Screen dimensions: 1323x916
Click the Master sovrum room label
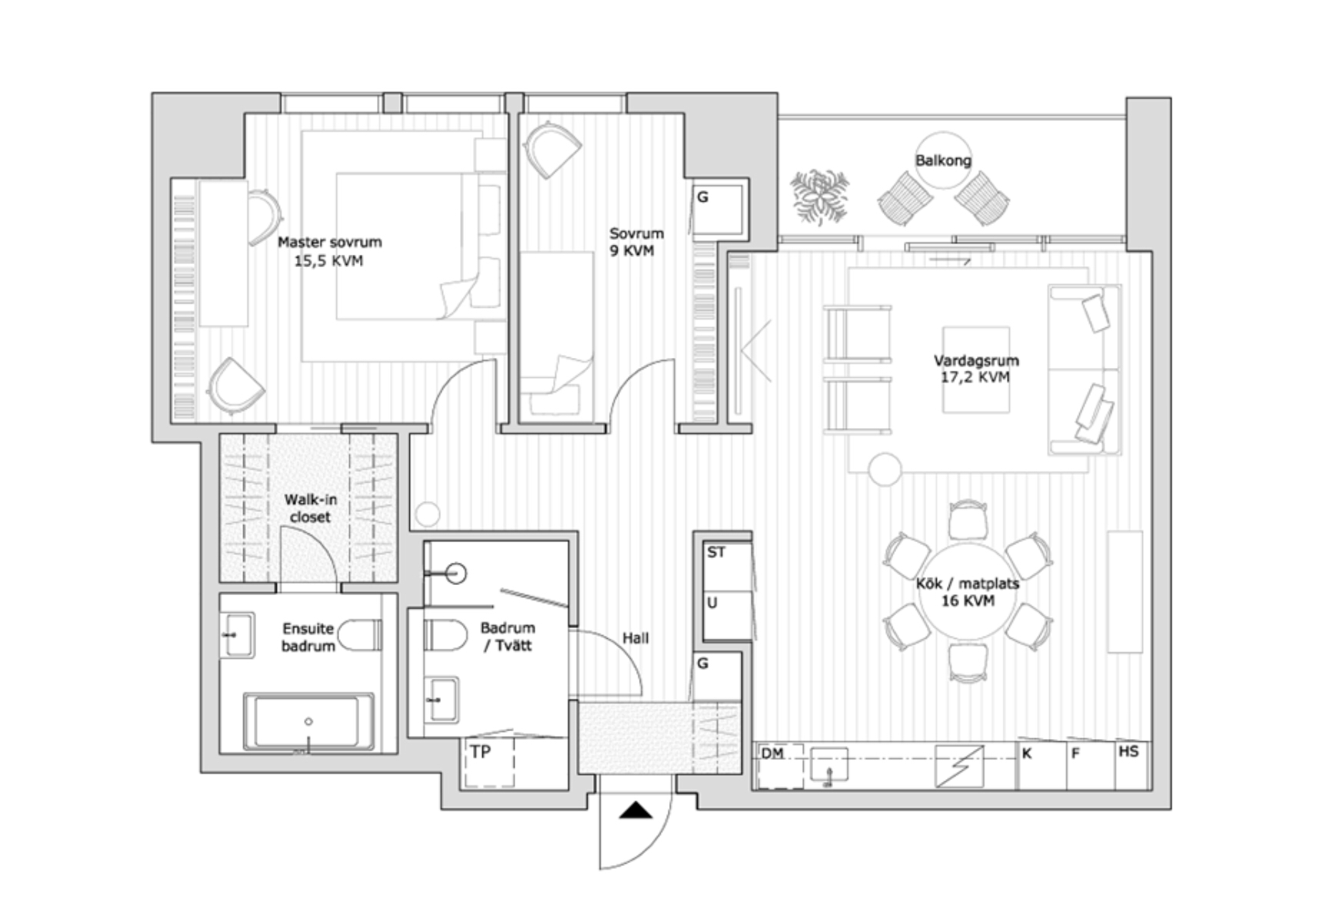[x=329, y=251]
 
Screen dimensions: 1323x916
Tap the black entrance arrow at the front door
[x=636, y=810]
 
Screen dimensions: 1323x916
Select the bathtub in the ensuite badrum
[x=308, y=722]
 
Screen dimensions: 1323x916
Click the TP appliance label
[x=481, y=751]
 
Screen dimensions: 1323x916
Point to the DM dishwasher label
[x=772, y=754]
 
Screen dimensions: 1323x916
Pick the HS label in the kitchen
[x=1128, y=751]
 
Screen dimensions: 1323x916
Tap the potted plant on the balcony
[x=820, y=196]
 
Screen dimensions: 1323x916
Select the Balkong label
[x=943, y=160]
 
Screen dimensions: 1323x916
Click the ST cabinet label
[x=716, y=552]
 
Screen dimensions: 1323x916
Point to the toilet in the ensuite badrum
[x=359, y=635]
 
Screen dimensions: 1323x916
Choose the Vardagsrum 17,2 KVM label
[x=975, y=369]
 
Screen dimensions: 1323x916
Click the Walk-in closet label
[x=310, y=508]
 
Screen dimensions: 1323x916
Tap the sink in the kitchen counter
[x=828, y=764]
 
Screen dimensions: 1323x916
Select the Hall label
[x=635, y=638]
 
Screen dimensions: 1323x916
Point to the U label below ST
[x=712, y=603]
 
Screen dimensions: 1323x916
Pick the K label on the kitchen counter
[x=1027, y=754]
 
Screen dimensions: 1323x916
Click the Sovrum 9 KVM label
[x=635, y=242]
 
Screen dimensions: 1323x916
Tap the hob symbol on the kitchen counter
[x=959, y=766]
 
